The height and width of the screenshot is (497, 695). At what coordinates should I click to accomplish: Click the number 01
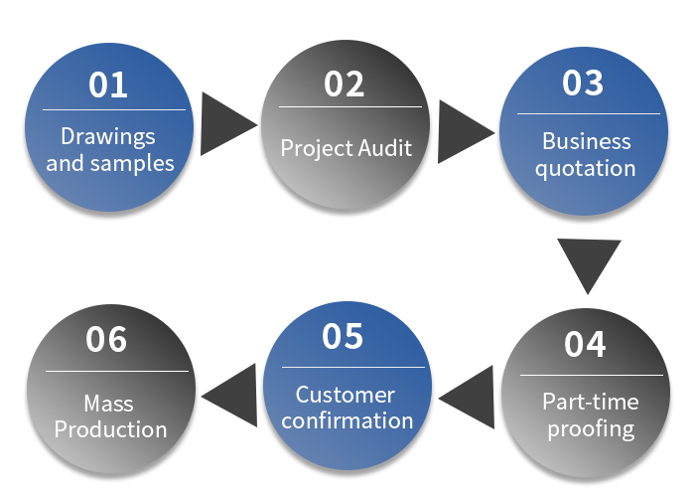coord(108,85)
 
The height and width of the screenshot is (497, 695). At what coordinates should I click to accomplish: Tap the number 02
coord(345,84)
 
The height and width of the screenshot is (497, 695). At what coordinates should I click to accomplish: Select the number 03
coord(583,83)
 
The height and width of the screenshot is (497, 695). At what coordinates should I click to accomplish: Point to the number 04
coord(585,344)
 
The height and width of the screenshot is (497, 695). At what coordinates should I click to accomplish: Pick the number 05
coord(344,337)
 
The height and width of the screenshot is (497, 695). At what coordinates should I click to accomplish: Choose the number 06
coord(107,340)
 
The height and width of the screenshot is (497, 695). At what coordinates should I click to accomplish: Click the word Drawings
coord(108,136)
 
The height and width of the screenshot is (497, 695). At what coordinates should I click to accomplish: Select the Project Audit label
coord(346,148)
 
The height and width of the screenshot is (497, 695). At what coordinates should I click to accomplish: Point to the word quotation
coord(586,167)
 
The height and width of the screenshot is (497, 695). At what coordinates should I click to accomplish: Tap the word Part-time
coord(591,402)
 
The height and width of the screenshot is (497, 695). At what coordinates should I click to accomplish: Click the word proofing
coord(590,428)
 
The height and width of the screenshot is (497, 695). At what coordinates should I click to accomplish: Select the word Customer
coord(346,395)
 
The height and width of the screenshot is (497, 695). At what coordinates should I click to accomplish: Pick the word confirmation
coord(347,420)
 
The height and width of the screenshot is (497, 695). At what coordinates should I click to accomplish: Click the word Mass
coord(109,405)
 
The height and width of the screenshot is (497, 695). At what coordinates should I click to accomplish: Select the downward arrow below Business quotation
coord(589,260)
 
